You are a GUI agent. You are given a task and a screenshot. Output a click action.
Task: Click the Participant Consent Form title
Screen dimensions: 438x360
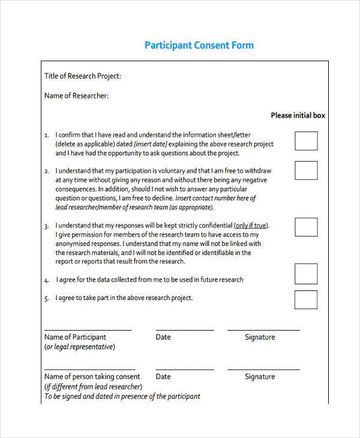[x=199, y=46]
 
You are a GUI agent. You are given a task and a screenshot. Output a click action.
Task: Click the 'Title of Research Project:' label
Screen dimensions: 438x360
[x=83, y=76]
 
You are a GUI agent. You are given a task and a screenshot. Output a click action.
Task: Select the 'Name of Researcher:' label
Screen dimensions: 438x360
[x=77, y=95]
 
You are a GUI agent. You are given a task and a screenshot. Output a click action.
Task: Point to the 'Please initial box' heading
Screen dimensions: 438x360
[x=298, y=115]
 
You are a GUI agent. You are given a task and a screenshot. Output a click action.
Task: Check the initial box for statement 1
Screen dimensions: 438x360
[x=306, y=141]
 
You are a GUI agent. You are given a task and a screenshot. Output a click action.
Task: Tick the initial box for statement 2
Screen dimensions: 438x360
[x=306, y=170]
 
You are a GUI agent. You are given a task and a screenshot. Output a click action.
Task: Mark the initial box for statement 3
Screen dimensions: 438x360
[x=306, y=227]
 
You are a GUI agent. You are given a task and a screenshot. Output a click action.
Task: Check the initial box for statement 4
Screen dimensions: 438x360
[x=306, y=273]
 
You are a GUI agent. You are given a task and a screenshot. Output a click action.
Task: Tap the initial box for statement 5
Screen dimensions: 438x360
[x=306, y=299]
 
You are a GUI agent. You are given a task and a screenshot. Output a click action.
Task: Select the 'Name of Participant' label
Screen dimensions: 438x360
[x=75, y=337]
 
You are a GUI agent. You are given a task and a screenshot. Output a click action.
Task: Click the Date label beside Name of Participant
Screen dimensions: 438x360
[x=163, y=337]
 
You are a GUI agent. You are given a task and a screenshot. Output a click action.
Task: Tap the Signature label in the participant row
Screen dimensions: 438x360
[x=260, y=337]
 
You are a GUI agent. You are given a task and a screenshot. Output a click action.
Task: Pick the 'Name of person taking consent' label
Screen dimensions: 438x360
[x=89, y=377]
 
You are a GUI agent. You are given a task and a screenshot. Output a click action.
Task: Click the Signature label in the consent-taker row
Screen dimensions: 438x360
[x=260, y=377]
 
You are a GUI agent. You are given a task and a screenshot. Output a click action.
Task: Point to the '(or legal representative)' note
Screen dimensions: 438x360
[x=80, y=347]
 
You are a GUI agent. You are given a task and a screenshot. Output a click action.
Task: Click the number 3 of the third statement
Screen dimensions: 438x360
[x=46, y=226]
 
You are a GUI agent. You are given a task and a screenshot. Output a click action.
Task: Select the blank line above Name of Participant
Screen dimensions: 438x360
[x=88, y=329]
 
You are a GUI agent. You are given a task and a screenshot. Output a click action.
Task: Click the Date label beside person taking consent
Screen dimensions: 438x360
[x=163, y=377]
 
